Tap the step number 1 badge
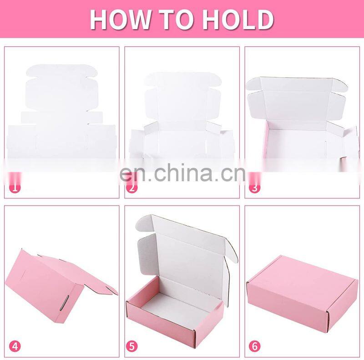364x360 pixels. (15, 187)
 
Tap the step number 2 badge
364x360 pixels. (131, 187)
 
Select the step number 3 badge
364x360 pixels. (255, 187)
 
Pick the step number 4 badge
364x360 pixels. (15, 346)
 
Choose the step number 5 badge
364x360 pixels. (131, 346)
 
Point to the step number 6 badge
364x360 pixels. (255, 346)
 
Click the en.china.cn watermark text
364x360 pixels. (182, 172)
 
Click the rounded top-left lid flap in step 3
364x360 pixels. (253, 84)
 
